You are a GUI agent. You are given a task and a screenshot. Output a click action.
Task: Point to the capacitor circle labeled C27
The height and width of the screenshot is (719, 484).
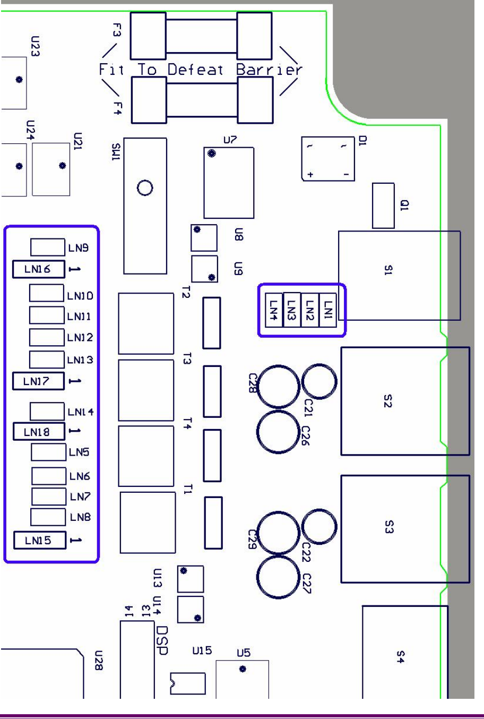[278, 578]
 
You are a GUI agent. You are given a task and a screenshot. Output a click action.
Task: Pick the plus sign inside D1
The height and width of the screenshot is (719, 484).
[311, 175]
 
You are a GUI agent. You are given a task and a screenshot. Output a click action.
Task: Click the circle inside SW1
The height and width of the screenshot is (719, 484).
[144, 188]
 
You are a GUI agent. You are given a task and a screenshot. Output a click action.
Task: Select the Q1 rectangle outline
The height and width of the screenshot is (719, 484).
[383, 206]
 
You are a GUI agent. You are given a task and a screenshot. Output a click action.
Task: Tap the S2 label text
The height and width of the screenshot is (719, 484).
[387, 402]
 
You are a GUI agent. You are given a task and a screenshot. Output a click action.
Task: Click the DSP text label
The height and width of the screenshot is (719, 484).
[163, 640]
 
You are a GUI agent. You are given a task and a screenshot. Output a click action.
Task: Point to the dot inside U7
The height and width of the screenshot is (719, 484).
[212, 154]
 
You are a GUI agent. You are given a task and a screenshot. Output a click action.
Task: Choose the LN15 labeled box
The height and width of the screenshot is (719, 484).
[39, 541]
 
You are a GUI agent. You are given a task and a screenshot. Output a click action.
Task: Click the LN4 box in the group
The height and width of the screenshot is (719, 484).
[273, 308]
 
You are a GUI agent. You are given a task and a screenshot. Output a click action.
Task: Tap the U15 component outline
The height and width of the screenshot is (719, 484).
[187, 683]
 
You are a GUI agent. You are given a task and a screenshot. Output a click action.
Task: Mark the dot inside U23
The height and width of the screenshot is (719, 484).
[19, 80]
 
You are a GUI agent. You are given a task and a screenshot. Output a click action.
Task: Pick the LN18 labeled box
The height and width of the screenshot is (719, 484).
[38, 432]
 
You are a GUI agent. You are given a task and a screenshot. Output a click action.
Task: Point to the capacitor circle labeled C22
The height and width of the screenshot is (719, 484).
[319, 525]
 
